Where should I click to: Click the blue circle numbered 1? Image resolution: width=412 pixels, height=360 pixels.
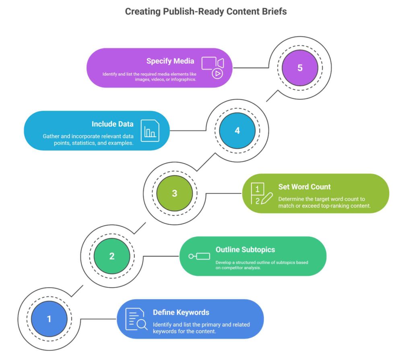point(49,319)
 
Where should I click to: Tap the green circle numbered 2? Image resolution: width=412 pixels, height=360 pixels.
point(112,256)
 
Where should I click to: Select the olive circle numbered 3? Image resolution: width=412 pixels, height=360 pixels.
point(174,193)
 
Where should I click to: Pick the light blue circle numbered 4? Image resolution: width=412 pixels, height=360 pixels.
point(237,130)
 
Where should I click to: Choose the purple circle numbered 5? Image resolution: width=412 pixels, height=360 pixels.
point(300,68)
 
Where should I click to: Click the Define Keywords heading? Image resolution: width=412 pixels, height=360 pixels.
point(181,312)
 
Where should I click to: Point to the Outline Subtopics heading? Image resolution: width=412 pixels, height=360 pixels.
point(245,250)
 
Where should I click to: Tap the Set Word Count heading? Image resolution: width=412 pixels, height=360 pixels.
point(304,187)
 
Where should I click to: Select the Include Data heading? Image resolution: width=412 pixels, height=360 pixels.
point(112,124)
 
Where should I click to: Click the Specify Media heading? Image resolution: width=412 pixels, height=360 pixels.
point(170,61)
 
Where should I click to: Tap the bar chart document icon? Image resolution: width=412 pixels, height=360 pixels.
point(150,130)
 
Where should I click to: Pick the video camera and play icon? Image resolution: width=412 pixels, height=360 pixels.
point(213,67)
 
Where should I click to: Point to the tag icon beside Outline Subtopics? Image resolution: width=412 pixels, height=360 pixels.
point(199,256)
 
